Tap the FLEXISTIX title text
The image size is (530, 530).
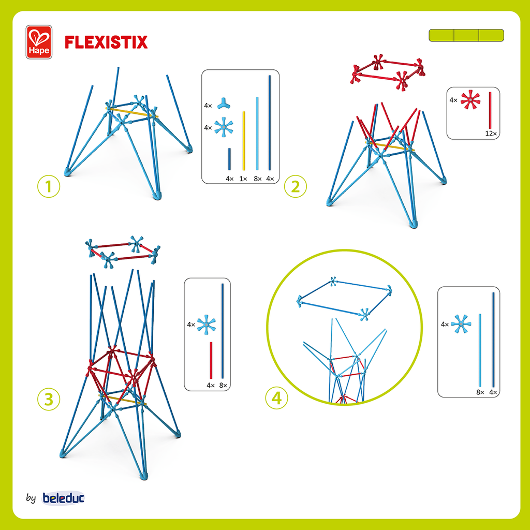(106, 42)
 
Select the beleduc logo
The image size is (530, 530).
(63, 498)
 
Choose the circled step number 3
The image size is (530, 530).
(49, 399)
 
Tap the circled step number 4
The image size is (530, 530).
(276, 398)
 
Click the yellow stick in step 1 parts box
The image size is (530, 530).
(244, 140)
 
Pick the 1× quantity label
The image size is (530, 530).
(243, 179)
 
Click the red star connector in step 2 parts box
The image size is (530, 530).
(470, 99)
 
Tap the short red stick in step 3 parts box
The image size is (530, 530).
(211, 360)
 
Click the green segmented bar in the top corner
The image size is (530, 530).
(466, 35)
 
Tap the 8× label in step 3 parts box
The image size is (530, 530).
(223, 385)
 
